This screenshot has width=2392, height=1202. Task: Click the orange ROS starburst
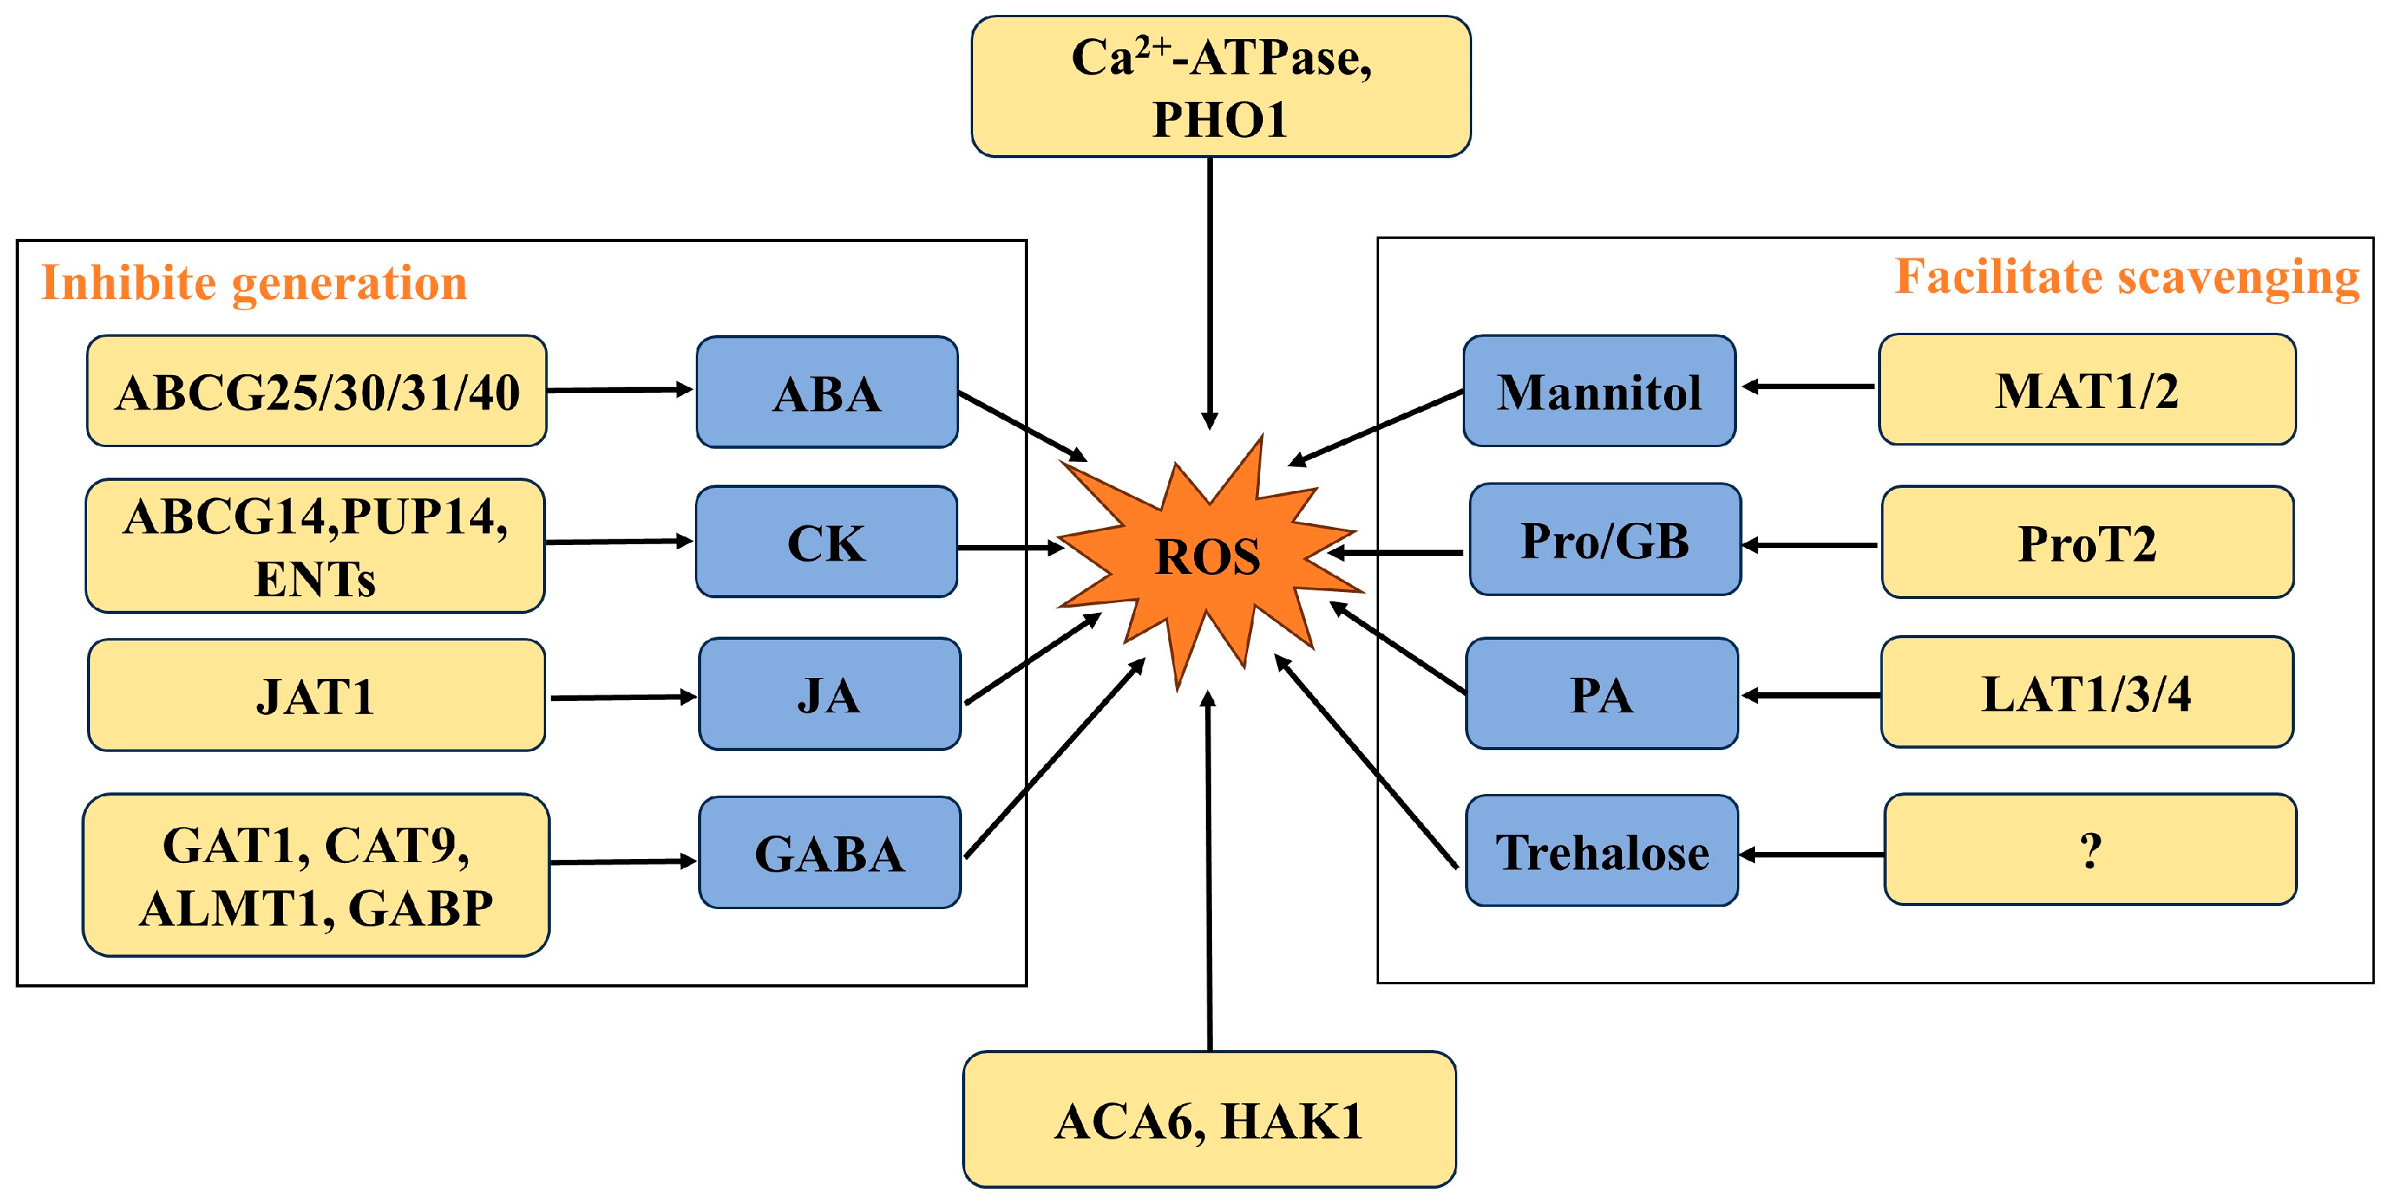pyautogui.click(x=1207, y=557)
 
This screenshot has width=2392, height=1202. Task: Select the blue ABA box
pyautogui.click(x=827, y=392)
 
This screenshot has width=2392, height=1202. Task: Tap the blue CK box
pyautogui.click(x=826, y=542)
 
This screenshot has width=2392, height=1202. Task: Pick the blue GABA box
pyautogui.click(x=828, y=852)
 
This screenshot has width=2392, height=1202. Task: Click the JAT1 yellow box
pyautogui.click(x=316, y=695)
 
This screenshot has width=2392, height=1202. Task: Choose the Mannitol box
pyautogui.click(x=1598, y=391)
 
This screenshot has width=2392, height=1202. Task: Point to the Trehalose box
pyautogui.click(x=1601, y=850)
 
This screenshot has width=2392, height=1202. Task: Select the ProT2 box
pyautogui.click(x=2086, y=542)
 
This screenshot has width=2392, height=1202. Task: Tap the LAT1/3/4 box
pyautogui.click(x=2086, y=692)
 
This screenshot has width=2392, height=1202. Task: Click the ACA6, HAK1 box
pyautogui.click(x=1208, y=1120)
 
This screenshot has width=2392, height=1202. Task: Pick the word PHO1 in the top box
pyautogui.click(x=1219, y=120)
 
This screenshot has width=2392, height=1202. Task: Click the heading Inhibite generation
pyautogui.click(x=254, y=282)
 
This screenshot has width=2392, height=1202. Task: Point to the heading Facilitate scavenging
pyautogui.click(x=2126, y=276)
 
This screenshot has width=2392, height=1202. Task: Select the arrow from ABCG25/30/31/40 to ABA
pyautogui.click(x=620, y=390)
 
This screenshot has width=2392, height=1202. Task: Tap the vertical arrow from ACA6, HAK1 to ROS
pyautogui.click(x=1209, y=872)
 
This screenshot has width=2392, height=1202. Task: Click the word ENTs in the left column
pyautogui.click(x=315, y=579)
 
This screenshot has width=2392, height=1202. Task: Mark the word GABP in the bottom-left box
pyautogui.click(x=421, y=908)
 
